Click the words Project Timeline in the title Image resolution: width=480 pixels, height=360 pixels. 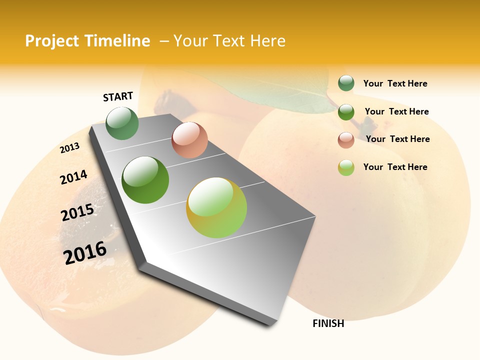click(x=87, y=41)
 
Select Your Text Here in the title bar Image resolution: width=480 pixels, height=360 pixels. click(x=229, y=41)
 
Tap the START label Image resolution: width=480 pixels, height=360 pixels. click(x=118, y=96)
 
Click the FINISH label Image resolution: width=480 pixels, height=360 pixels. click(x=328, y=323)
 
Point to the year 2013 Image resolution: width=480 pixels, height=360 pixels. click(x=69, y=148)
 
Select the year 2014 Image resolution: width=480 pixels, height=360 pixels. click(x=73, y=177)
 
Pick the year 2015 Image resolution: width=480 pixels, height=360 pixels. click(x=77, y=212)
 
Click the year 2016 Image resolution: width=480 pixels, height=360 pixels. click(x=85, y=253)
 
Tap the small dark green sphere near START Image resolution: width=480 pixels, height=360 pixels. click(x=122, y=123)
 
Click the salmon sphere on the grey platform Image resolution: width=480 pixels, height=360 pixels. click(x=189, y=140)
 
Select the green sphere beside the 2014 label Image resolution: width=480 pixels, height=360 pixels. click(x=145, y=180)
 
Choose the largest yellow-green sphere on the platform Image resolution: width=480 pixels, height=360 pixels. click(x=216, y=207)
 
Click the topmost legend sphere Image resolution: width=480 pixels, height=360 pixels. click(x=346, y=83)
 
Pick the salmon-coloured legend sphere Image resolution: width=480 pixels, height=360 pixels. click(x=346, y=140)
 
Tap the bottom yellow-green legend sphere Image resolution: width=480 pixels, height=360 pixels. click(x=346, y=167)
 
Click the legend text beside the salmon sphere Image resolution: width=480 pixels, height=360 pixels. click(x=397, y=139)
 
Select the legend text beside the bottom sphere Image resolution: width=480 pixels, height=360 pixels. click(x=395, y=167)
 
